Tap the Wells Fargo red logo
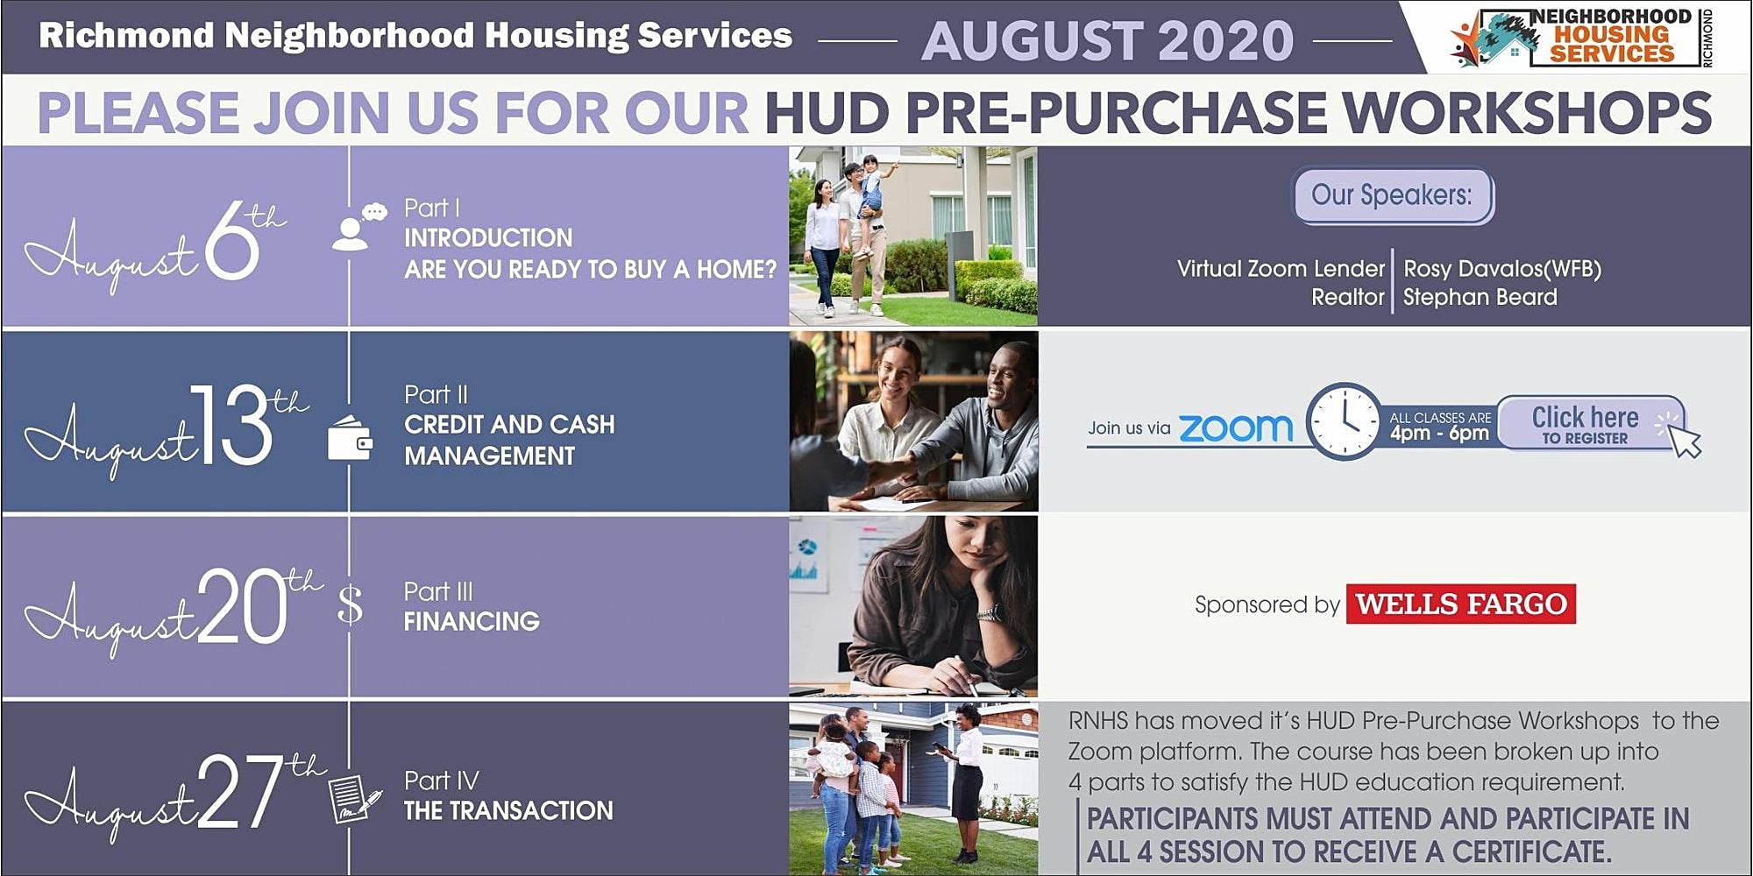[x=1461, y=604]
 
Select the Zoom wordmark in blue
[x=1236, y=427]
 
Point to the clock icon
[x=1344, y=421]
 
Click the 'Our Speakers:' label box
[x=1393, y=195]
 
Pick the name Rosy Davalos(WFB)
[x=1502, y=269]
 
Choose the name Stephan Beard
[x=1480, y=297]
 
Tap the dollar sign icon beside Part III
[x=350, y=604]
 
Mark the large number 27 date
[x=240, y=793]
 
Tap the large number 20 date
[x=243, y=606]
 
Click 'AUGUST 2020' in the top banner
[x=1108, y=40]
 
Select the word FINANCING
[x=472, y=621]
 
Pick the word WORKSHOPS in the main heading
[x=1527, y=113]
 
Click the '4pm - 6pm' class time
[x=1439, y=433]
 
